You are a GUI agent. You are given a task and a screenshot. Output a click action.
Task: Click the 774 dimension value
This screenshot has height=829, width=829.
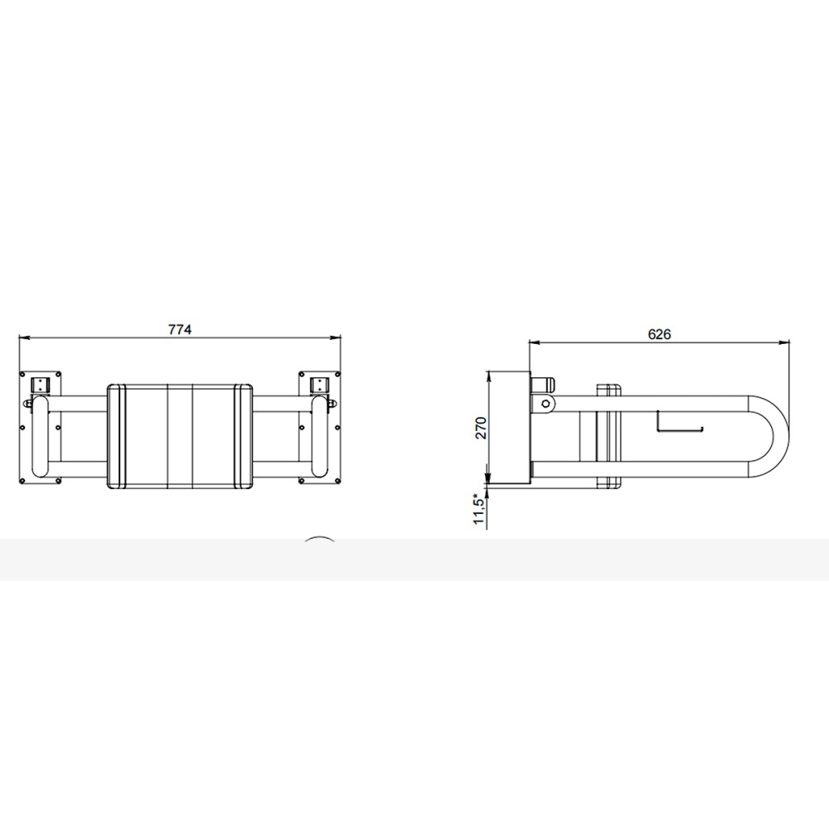coord(180,329)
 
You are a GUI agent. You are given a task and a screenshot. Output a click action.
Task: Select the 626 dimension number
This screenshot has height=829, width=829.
coord(659,334)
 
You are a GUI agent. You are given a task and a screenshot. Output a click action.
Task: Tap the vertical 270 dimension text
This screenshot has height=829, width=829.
coord(481,428)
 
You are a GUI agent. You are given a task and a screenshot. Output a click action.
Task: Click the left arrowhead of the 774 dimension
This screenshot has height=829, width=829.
coord(23,337)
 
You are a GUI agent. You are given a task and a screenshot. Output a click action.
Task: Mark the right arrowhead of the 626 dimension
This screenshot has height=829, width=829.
coord(784,342)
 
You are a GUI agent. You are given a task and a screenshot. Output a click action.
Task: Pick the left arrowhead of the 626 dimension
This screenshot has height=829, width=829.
coord(534,342)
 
